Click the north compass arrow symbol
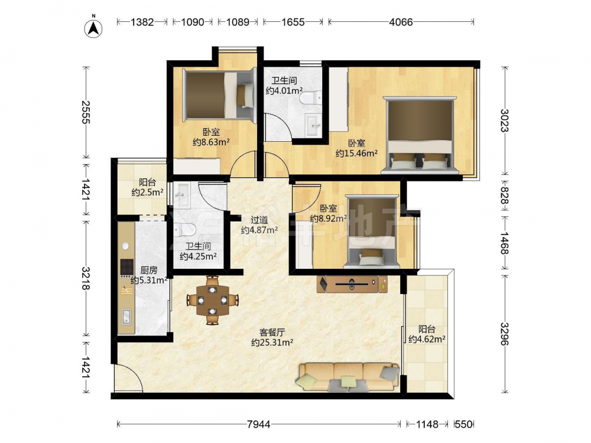(93, 27)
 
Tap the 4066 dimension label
(401, 22)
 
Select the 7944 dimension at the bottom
(259, 424)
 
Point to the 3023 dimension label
(505, 120)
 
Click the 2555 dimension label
(86, 112)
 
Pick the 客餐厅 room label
(272, 333)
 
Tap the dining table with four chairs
(213, 300)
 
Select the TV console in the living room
(352, 284)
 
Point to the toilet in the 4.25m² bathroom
(184, 229)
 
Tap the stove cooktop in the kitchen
(127, 267)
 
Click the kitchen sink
(126, 317)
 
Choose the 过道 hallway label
(259, 220)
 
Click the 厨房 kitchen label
(148, 270)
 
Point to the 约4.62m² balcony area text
(427, 339)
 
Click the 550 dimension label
(463, 424)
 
